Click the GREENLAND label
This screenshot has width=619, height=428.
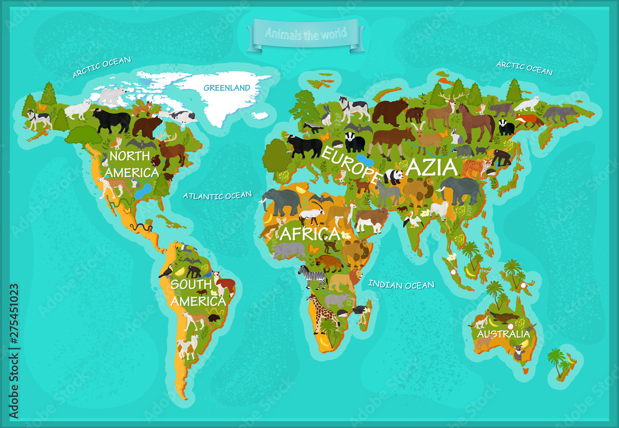(x=227, y=88)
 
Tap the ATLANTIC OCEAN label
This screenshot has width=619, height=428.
(x=217, y=195)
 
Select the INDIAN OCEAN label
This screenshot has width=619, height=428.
(x=401, y=285)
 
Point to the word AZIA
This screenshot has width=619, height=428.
(x=431, y=167)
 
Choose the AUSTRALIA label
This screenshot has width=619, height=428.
(x=503, y=334)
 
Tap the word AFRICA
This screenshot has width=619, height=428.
(x=309, y=234)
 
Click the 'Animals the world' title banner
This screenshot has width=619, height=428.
(x=306, y=34)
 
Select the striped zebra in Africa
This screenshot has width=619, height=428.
(x=313, y=276)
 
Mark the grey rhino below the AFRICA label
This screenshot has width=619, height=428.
(x=288, y=250)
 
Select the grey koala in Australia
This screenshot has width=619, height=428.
(x=518, y=353)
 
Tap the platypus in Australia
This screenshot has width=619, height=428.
(x=505, y=317)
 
